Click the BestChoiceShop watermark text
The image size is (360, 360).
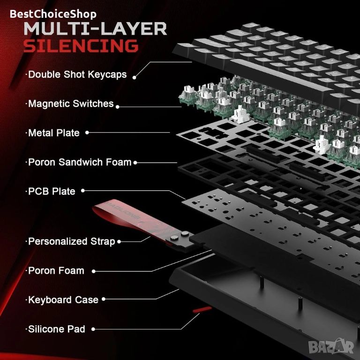click(x=53, y=14)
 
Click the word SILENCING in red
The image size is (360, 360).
click(x=81, y=46)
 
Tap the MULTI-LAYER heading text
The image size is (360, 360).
click(x=95, y=29)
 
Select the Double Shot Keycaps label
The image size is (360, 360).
click(x=77, y=75)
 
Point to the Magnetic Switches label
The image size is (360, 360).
click(x=70, y=104)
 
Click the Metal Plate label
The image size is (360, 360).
click(x=53, y=133)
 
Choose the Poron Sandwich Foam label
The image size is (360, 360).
click(x=79, y=162)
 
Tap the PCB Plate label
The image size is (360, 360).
click(x=52, y=191)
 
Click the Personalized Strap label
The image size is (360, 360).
click(x=71, y=241)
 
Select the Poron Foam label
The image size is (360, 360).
click(x=56, y=270)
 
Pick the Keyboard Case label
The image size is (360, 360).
click(x=63, y=300)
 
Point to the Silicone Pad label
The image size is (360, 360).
click(x=56, y=329)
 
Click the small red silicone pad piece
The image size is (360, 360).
click(x=201, y=310)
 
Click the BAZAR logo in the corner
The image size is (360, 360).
click(x=339, y=347)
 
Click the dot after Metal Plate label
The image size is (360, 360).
click(x=87, y=133)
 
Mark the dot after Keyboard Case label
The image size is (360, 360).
click(x=104, y=299)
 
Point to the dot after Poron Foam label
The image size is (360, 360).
click(x=94, y=271)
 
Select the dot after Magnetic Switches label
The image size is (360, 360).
click(x=117, y=106)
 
